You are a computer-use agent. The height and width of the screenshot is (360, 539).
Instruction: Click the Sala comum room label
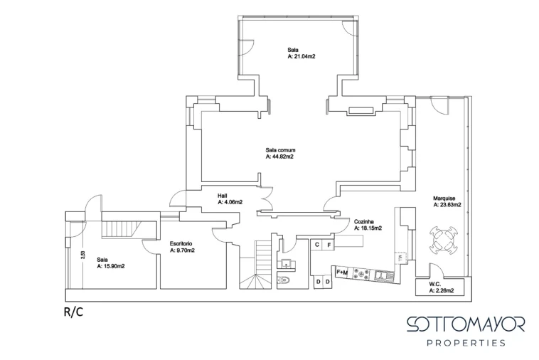(280, 150)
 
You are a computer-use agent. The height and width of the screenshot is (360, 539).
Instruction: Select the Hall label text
(222, 196)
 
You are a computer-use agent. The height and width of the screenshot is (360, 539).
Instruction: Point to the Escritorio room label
(181, 244)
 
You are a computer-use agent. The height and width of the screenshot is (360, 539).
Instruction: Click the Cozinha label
(363, 222)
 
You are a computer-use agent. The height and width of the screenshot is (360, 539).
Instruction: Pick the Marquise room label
(444, 198)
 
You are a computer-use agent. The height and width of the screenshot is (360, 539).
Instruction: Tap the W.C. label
(435, 285)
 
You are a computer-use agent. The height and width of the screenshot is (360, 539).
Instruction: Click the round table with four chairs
(444, 238)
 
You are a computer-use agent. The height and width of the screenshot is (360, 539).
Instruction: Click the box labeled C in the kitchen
(317, 245)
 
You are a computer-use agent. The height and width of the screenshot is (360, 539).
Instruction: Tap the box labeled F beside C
(329, 245)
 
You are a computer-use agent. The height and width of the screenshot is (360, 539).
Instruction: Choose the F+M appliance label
(342, 272)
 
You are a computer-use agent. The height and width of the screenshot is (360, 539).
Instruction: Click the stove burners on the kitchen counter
(363, 274)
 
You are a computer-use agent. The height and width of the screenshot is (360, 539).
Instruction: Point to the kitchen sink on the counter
(384, 275)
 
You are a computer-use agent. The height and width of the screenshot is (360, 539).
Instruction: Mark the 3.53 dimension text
(82, 255)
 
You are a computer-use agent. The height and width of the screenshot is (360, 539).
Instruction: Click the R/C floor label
(73, 312)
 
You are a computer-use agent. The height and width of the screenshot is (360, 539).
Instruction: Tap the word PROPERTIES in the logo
(466, 343)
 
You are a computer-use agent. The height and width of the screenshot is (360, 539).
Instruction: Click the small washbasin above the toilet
(285, 264)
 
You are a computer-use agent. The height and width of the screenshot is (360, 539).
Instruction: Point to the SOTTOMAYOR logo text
(466, 324)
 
